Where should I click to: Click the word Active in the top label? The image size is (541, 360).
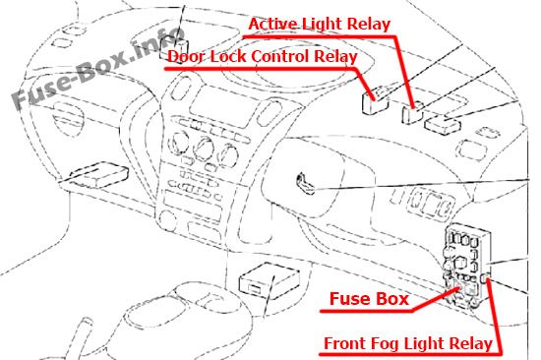coord(272,25)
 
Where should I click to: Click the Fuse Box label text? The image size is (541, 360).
coord(369,299)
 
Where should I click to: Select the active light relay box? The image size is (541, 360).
coord(412,112)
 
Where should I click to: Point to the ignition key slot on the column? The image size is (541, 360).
coord(305,183)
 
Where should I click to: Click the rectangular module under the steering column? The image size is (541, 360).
coord(270,278)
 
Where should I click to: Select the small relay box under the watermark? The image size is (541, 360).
coord(174,48)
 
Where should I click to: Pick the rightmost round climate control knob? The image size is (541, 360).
coord(228,154)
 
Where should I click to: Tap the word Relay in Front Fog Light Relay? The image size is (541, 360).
coord(469,344)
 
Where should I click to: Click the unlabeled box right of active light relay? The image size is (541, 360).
coord(443,125)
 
